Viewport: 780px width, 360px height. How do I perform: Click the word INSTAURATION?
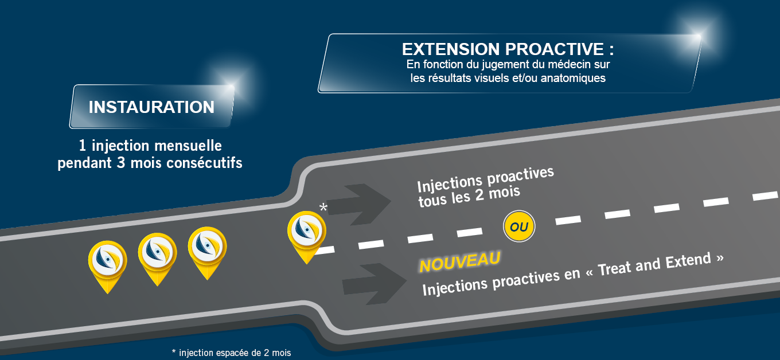pos(151,107)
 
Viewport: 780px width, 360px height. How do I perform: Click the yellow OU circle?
pos(519,226)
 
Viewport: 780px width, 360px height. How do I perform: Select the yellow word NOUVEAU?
pos(459,262)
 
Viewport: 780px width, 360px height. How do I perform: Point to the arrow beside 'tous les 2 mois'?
pos(358,204)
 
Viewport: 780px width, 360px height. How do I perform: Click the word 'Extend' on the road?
pos(688,262)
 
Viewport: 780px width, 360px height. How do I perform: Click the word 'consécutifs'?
pos(204,163)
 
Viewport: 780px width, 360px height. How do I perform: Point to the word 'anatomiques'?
pos(573,78)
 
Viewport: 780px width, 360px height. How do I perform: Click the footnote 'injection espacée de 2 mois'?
pos(235,353)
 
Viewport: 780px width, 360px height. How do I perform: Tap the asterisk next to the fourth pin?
pos(323,208)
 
